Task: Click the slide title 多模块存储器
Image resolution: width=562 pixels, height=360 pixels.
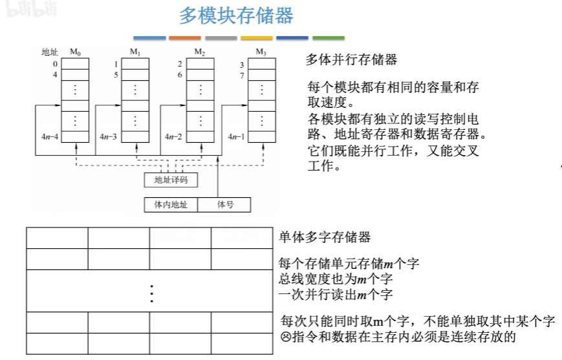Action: coord(236,16)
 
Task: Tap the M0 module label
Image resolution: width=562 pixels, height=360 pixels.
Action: coord(75,52)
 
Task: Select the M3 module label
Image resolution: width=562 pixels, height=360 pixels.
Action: coord(261,52)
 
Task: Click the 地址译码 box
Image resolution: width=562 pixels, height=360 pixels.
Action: coord(171,179)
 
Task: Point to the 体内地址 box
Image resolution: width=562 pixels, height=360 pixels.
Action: coord(171,205)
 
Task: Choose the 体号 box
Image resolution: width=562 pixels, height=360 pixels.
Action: coord(224,205)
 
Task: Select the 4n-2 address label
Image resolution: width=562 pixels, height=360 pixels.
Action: coord(173,136)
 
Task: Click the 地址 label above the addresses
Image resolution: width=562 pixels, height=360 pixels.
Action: coord(50,52)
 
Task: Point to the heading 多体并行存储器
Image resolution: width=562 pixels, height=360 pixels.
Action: coord(351,60)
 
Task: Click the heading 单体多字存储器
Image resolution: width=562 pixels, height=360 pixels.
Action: coord(325,237)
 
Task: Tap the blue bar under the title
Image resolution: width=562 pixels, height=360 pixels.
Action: coord(149,38)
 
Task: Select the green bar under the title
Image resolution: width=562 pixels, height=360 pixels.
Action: coord(329,38)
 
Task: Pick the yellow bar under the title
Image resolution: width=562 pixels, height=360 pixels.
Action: coord(257,38)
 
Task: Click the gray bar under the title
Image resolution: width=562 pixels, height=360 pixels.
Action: coord(221,38)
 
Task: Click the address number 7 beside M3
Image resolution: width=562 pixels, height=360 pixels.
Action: coord(241,75)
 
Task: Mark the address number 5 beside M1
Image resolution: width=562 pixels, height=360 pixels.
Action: coord(116,75)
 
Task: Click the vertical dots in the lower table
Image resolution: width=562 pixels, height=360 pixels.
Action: coord(151,293)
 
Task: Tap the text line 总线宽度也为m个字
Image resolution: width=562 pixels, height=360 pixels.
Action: coord(336,279)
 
